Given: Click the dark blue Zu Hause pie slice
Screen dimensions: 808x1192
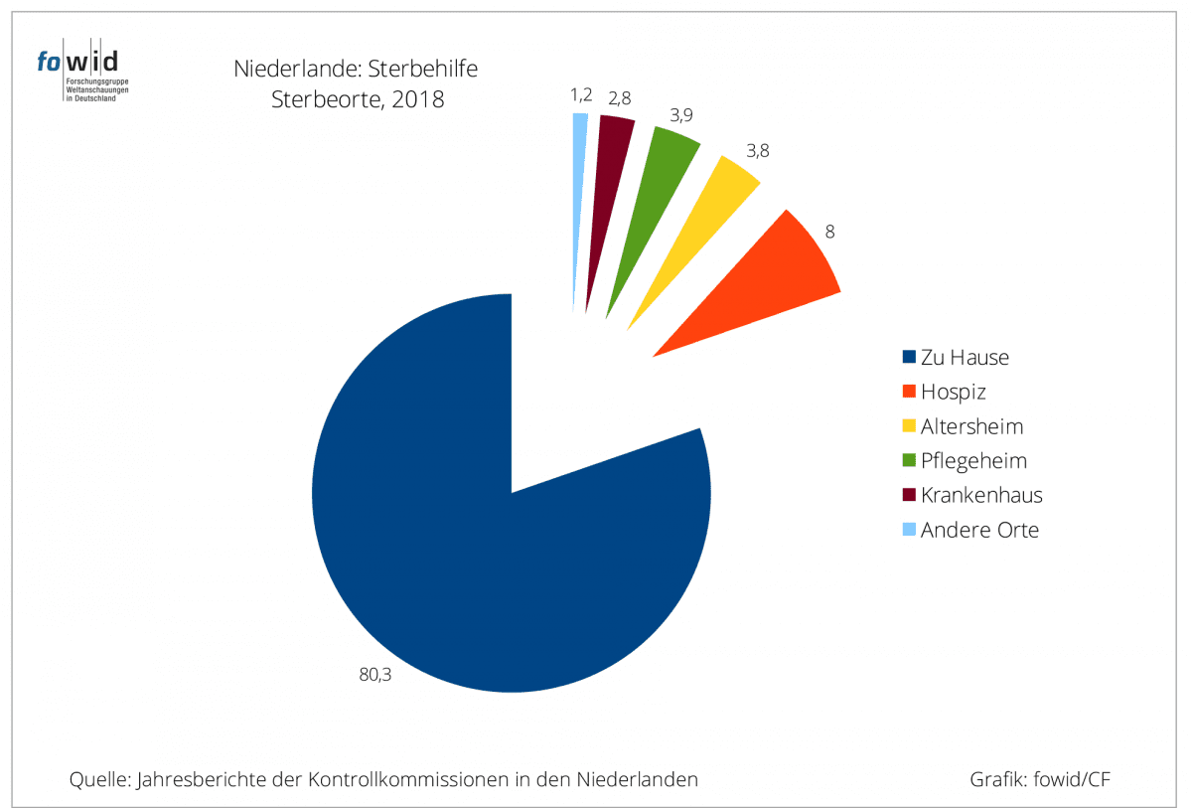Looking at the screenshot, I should tap(477, 557).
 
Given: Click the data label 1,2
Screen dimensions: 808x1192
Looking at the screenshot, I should tap(581, 95).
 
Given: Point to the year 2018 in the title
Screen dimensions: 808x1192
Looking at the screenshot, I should tap(417, 99).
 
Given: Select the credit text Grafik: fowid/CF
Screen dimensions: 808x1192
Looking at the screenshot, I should tap(1039, 779).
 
